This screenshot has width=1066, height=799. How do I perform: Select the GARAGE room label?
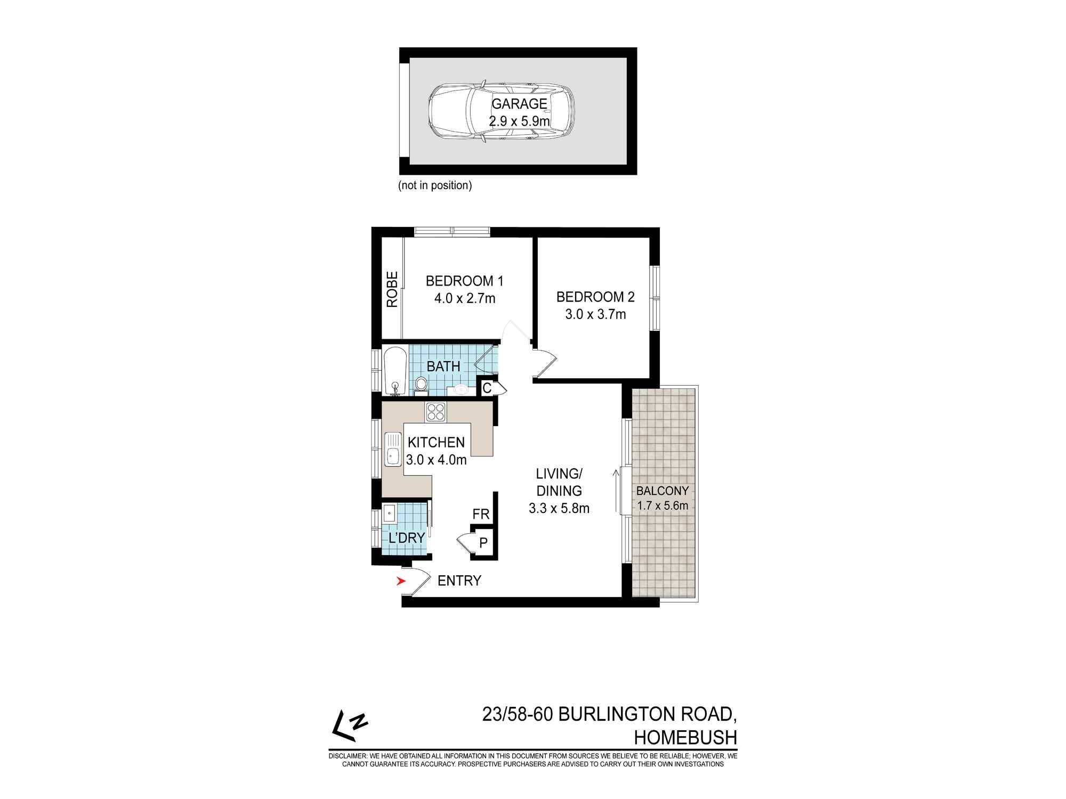click(519, 103)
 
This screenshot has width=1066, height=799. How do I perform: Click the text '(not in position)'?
click(435, 186)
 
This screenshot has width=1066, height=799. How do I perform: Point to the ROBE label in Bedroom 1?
click(392, 290)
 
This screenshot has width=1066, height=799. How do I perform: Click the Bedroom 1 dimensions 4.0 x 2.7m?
click(465, 298)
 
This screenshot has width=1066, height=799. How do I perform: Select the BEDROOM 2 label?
click(595, 297)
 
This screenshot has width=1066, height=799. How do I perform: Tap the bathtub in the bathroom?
click(395, 371)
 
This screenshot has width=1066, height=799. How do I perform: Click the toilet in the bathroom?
click(421, 385)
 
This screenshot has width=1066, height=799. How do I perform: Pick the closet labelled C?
click(487, 388)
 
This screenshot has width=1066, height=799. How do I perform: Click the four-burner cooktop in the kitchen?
click(436, 412)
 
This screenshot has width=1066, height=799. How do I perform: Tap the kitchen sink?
click(393, 449)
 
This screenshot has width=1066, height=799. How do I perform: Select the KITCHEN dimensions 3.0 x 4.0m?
click(436, 460)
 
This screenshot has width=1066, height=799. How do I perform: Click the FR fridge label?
click(481, 514)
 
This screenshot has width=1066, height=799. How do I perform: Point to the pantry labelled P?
click(483, 543)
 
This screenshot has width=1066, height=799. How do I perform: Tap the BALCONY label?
click(663, 491)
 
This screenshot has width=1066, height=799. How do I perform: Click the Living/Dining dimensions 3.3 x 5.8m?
click(559, 509)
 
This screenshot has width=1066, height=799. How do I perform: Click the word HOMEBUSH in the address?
click(685, 738)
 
